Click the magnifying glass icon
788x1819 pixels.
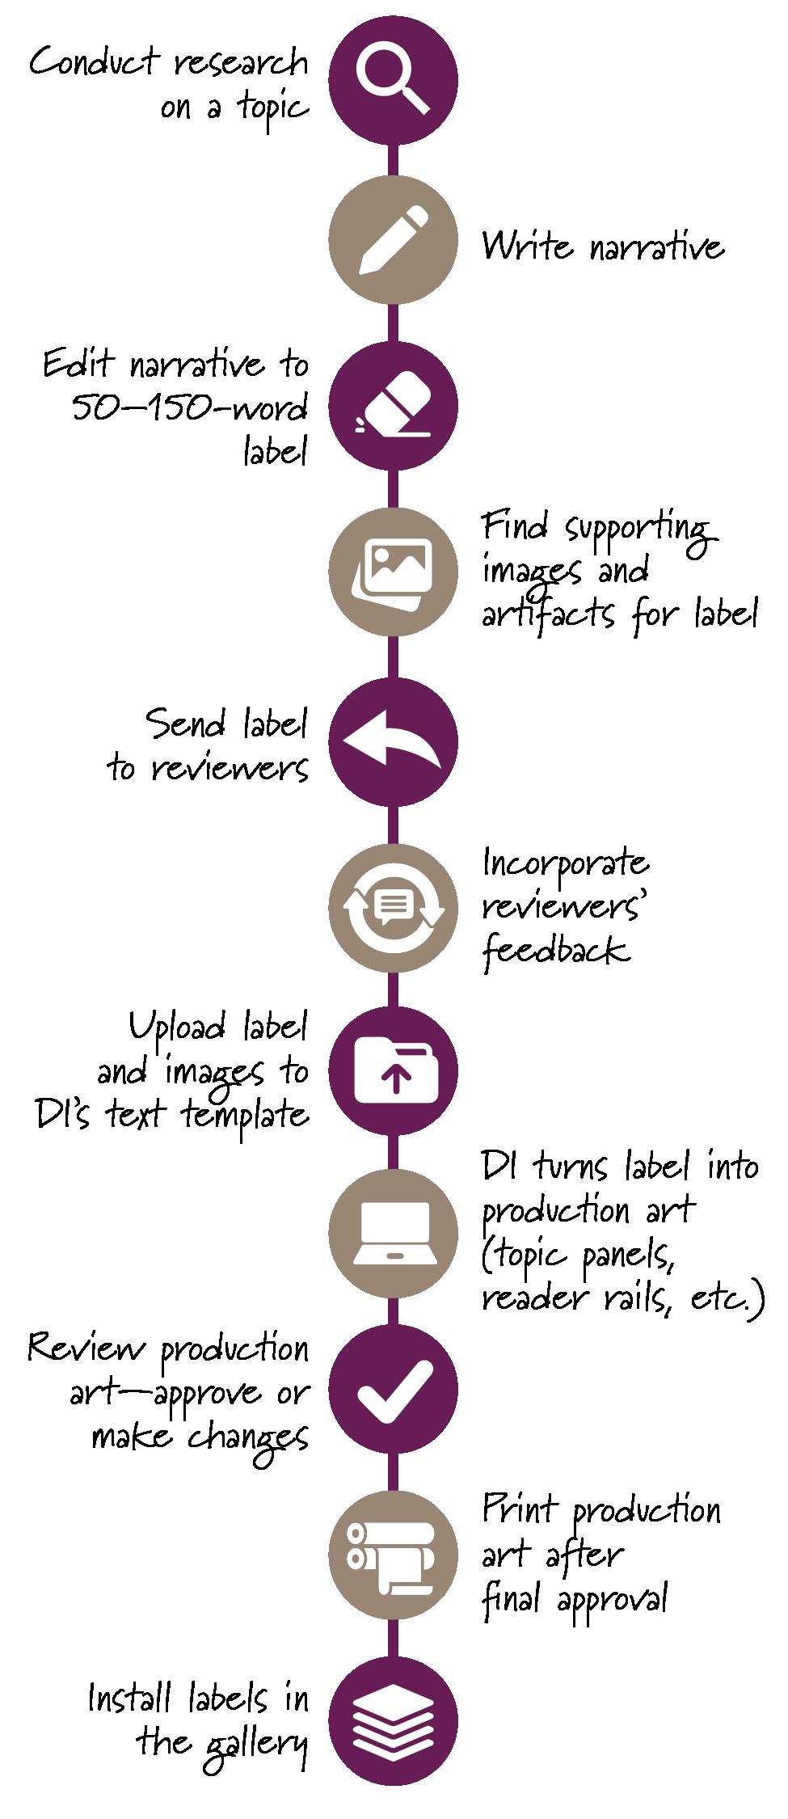point(394,80)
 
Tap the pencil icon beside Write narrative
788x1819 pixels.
point(394,240)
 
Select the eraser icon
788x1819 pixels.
point(394,407)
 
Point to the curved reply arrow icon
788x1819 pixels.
point(394,741)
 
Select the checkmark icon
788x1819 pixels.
point(394,1391)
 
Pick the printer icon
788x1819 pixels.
point(394,1556)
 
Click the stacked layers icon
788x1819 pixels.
point(394,1721)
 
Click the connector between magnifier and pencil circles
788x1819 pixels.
point(394,161)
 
